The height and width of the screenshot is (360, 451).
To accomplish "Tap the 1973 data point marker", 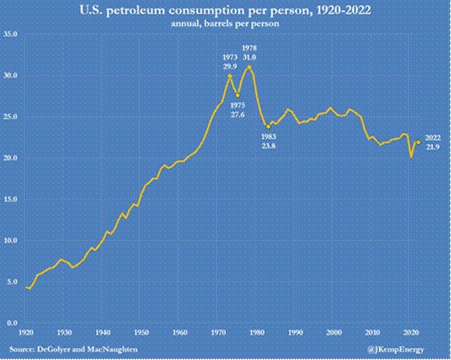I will click(230, 76).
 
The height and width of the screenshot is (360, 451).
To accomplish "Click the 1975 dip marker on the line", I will click(238, 95).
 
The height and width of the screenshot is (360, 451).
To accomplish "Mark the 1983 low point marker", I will click(268, 126).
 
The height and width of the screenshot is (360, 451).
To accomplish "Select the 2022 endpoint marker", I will click(418, 141).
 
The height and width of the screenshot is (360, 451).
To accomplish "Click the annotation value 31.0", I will click(249, 57).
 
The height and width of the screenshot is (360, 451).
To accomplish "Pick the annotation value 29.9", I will click(229, 66).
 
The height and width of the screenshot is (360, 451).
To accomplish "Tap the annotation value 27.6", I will click(238, 115).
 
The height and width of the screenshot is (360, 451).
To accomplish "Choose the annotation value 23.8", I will click(269, 145).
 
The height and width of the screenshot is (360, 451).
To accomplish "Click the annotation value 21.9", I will click(432, 147).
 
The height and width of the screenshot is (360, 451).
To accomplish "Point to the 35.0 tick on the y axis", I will click(12, 34).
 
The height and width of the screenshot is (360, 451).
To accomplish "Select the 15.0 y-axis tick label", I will click(12, 199).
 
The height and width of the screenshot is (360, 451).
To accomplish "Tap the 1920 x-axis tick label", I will click(26, 331).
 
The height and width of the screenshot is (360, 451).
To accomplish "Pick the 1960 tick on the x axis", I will click(179, 331).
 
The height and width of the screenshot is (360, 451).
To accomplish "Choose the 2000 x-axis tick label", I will click(333, 331).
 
